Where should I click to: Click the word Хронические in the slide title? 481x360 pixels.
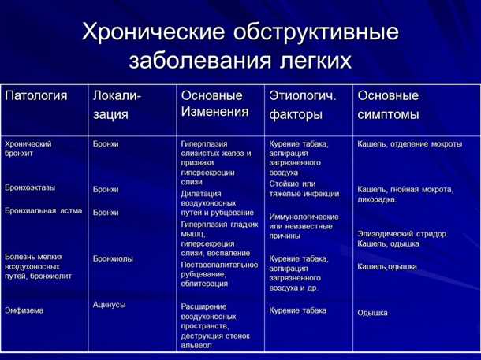pos(151,33)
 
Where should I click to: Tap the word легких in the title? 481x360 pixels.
pos(311,60)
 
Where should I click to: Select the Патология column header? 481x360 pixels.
pos(36,96)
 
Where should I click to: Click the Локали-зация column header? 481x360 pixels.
pos(117,105)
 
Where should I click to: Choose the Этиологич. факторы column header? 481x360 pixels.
pos(303,105)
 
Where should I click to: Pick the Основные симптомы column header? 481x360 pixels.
pos(389,105)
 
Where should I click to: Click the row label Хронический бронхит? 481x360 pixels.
pos(28,150)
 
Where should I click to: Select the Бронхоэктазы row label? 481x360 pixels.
pos(30,188)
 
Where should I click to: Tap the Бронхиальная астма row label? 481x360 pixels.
pos(43,210)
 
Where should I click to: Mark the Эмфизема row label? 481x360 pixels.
pos(24,310)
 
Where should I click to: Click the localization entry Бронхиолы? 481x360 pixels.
pos(113,258)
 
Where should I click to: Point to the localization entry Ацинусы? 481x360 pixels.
pos(109,304)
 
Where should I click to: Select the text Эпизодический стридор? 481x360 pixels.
pos(402,233)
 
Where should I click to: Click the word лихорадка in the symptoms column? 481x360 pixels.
pos(377,200)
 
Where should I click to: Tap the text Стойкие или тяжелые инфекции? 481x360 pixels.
pos(304,188)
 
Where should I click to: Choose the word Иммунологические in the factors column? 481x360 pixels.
pos(304,217)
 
